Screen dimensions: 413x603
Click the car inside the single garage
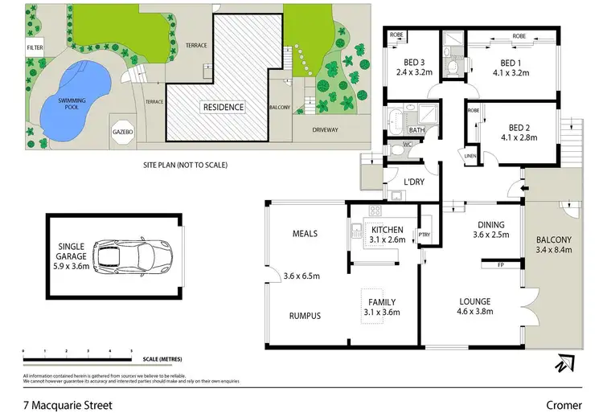point(125,256)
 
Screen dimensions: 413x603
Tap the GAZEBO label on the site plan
point(122,131)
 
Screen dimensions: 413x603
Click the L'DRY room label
point(413,182)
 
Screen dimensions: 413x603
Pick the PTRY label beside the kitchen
point(425,235)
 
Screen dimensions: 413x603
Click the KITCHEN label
point(388,229)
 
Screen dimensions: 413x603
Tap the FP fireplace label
point(500,264)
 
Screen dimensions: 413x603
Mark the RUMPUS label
point(305,316)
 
